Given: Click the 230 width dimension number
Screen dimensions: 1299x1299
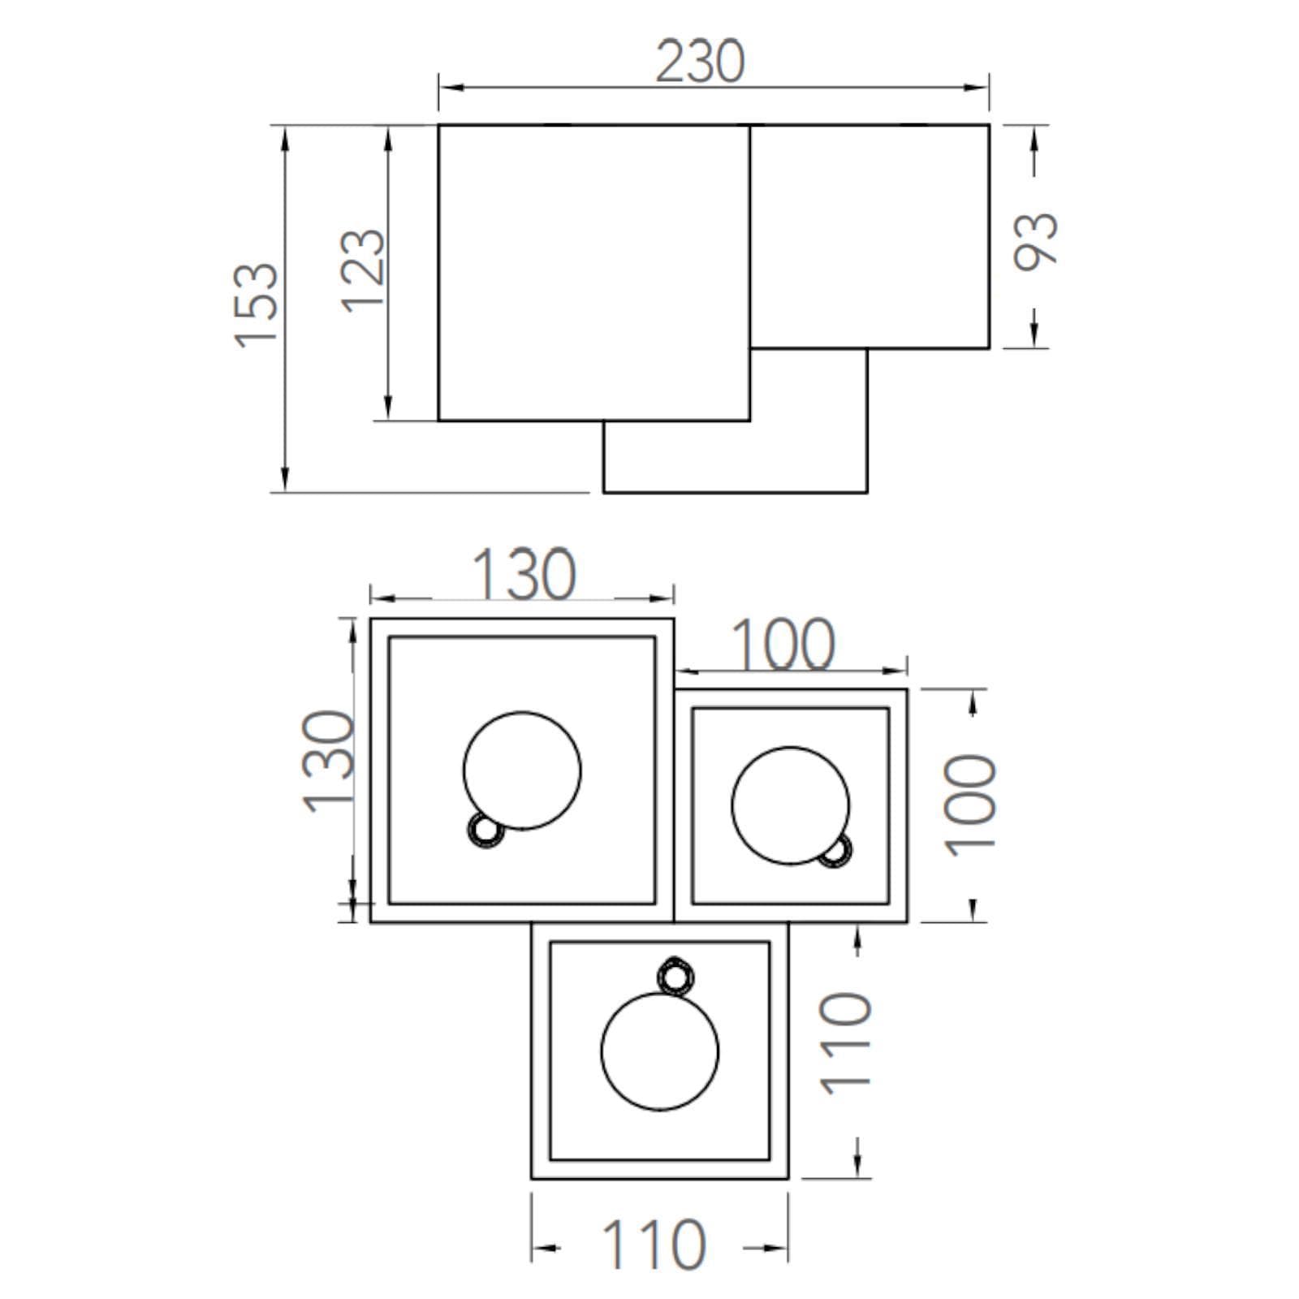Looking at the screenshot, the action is (700, 62).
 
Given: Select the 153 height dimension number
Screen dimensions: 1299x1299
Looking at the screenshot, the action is (257, 305).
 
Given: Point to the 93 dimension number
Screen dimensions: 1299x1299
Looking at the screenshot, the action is (1037, 240).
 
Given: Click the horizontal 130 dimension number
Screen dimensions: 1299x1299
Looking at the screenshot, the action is (524, 574).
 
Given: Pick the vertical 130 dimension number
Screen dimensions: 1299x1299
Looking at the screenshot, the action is (329, 761).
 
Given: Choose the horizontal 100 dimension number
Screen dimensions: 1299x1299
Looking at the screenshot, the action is (783, 645).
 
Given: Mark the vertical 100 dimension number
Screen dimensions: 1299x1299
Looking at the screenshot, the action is (970, 805).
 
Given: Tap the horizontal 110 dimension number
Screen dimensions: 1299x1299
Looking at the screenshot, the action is (654, 1245).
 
